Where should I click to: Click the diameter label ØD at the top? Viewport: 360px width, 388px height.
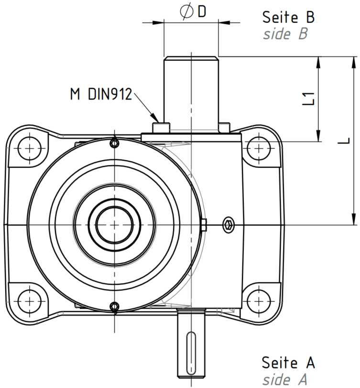pos(193,12)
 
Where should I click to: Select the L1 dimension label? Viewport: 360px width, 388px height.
pos(308,99)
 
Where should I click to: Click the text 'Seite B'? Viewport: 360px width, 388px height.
pos(288,17)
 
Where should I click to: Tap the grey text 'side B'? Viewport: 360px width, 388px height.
pos(285,33)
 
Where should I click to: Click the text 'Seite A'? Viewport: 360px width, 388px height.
pos(288,363)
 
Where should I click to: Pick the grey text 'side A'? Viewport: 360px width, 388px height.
pos(284,379)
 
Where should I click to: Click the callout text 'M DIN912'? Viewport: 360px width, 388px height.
pos(101,94)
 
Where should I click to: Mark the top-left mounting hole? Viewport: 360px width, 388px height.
pos(30,149)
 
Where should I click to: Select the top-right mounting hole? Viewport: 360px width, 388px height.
pos(258,149)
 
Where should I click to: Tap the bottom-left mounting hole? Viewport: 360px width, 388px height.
pos(30,301)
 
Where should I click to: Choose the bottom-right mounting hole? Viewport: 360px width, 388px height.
pos(258,301)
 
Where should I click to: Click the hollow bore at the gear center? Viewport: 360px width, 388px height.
pos(114,225)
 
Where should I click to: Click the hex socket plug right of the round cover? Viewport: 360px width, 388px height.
pos(228,225)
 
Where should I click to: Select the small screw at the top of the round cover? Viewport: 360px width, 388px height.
pos(114,143)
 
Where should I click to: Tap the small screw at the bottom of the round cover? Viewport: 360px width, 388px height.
pos(114,307)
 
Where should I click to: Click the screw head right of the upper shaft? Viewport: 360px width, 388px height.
pos(225,127)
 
